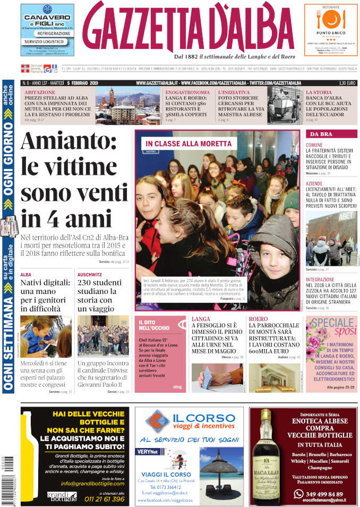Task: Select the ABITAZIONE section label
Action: (39, 92)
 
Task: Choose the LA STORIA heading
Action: (319, 92)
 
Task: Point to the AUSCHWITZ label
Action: (89, 275)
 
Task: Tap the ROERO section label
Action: (258, 319)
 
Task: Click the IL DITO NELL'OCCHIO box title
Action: (155, 325)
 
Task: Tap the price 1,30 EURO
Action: (348, 83)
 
